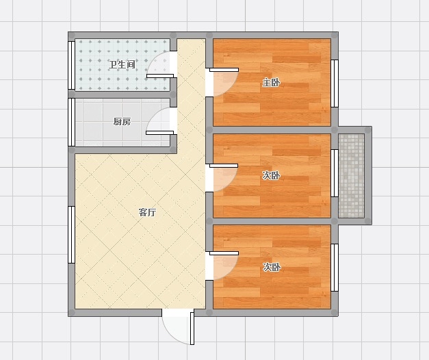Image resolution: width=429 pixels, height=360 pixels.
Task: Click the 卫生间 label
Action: coord(122,65)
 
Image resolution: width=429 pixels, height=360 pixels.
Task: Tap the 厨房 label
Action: coord(122,122)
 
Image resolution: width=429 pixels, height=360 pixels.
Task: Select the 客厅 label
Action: coord(148,212)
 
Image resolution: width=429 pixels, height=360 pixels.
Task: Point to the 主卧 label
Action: coord(271,82)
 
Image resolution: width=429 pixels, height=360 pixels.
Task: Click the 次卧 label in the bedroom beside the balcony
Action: coord(271,175)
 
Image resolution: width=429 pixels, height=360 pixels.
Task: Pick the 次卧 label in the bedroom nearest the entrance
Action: coord(272,267)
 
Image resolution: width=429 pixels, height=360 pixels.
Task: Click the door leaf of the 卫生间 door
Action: coord(160,76)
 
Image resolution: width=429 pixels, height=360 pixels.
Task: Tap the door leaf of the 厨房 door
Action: coord(160,133)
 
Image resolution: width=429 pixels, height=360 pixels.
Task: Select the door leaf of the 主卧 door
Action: coord(224,70)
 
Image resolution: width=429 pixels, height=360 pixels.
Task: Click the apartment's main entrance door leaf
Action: coord(192,329)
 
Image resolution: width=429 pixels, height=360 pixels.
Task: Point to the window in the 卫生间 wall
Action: coord(71,65)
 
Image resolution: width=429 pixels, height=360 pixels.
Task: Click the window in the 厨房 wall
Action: coord(71,122)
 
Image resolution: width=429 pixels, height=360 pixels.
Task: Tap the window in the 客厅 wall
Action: coord(71,235)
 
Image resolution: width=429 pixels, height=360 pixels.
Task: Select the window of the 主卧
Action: coord(335,83)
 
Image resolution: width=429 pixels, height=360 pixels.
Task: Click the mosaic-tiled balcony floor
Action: coord(351,175)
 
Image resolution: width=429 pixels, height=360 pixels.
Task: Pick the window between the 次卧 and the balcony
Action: coord(335,173)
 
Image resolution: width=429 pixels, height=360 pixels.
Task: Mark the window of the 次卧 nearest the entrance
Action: coord(335,268)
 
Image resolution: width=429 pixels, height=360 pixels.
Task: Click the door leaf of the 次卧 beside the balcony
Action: coord(224,166)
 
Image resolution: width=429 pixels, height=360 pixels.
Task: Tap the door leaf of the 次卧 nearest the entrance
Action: coord(224,253)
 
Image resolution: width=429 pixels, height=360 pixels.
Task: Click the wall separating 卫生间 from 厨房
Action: coord(122,94)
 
